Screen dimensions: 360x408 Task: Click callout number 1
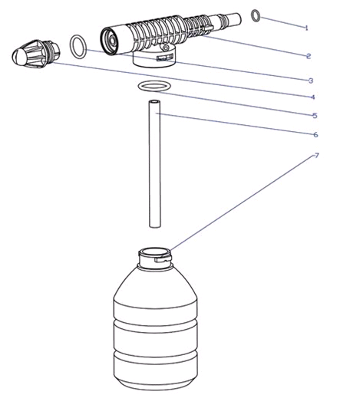pos(306,28)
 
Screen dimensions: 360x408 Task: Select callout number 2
pos(309,56)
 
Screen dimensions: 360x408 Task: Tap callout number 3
pos(311,81)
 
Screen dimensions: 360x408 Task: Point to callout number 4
pos(313,97)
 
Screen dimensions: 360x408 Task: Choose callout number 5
pos(315,116)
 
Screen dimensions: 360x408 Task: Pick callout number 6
pos(315,134)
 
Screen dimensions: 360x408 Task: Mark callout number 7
pos(316,156)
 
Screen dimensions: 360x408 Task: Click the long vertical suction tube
pos(155,164)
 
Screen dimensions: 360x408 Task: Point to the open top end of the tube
pos(154,101)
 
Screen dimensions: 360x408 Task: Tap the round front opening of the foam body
pos(110,41)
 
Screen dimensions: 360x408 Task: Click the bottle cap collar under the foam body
pos(154,59)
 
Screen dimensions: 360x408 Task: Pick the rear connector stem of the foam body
pos(226,20)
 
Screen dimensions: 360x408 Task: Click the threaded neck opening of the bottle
pos(155,252)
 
